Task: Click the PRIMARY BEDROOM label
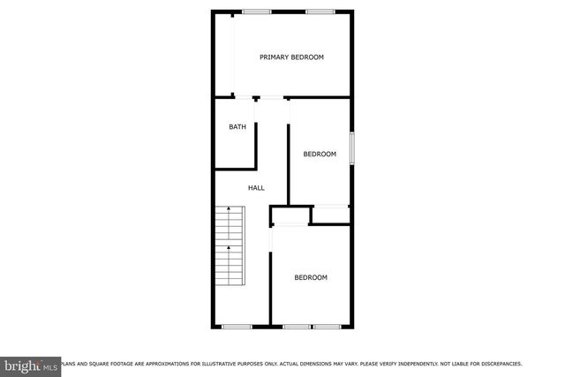pyautogui.click(x=291, y=57)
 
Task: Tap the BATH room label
pyautogui.click(x=237, y=127)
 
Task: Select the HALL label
pyautogui.click(x=256, y=188)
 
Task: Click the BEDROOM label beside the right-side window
pyautogui.click(x=320, y=155)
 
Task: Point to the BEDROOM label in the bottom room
pyautogui.click(x=311, y=278)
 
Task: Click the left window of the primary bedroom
pyautogui.click(x=257, y=11)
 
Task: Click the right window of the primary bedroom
pyautogui.click(x=320, y=11)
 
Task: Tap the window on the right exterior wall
pyautogui.click(x=352, y=147)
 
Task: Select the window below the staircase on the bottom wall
pyautogui.click(x=237, y=327)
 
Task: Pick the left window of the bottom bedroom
pyautogui.click(x=297, y=327)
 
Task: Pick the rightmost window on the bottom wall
pyautogui.click(x=328, y=327)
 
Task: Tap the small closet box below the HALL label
pyautogui.click(x=290, y=216)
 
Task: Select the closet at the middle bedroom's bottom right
pyautogui.click(x=332, y=212)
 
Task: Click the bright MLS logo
pyautogui.click(x=31, y=365)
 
